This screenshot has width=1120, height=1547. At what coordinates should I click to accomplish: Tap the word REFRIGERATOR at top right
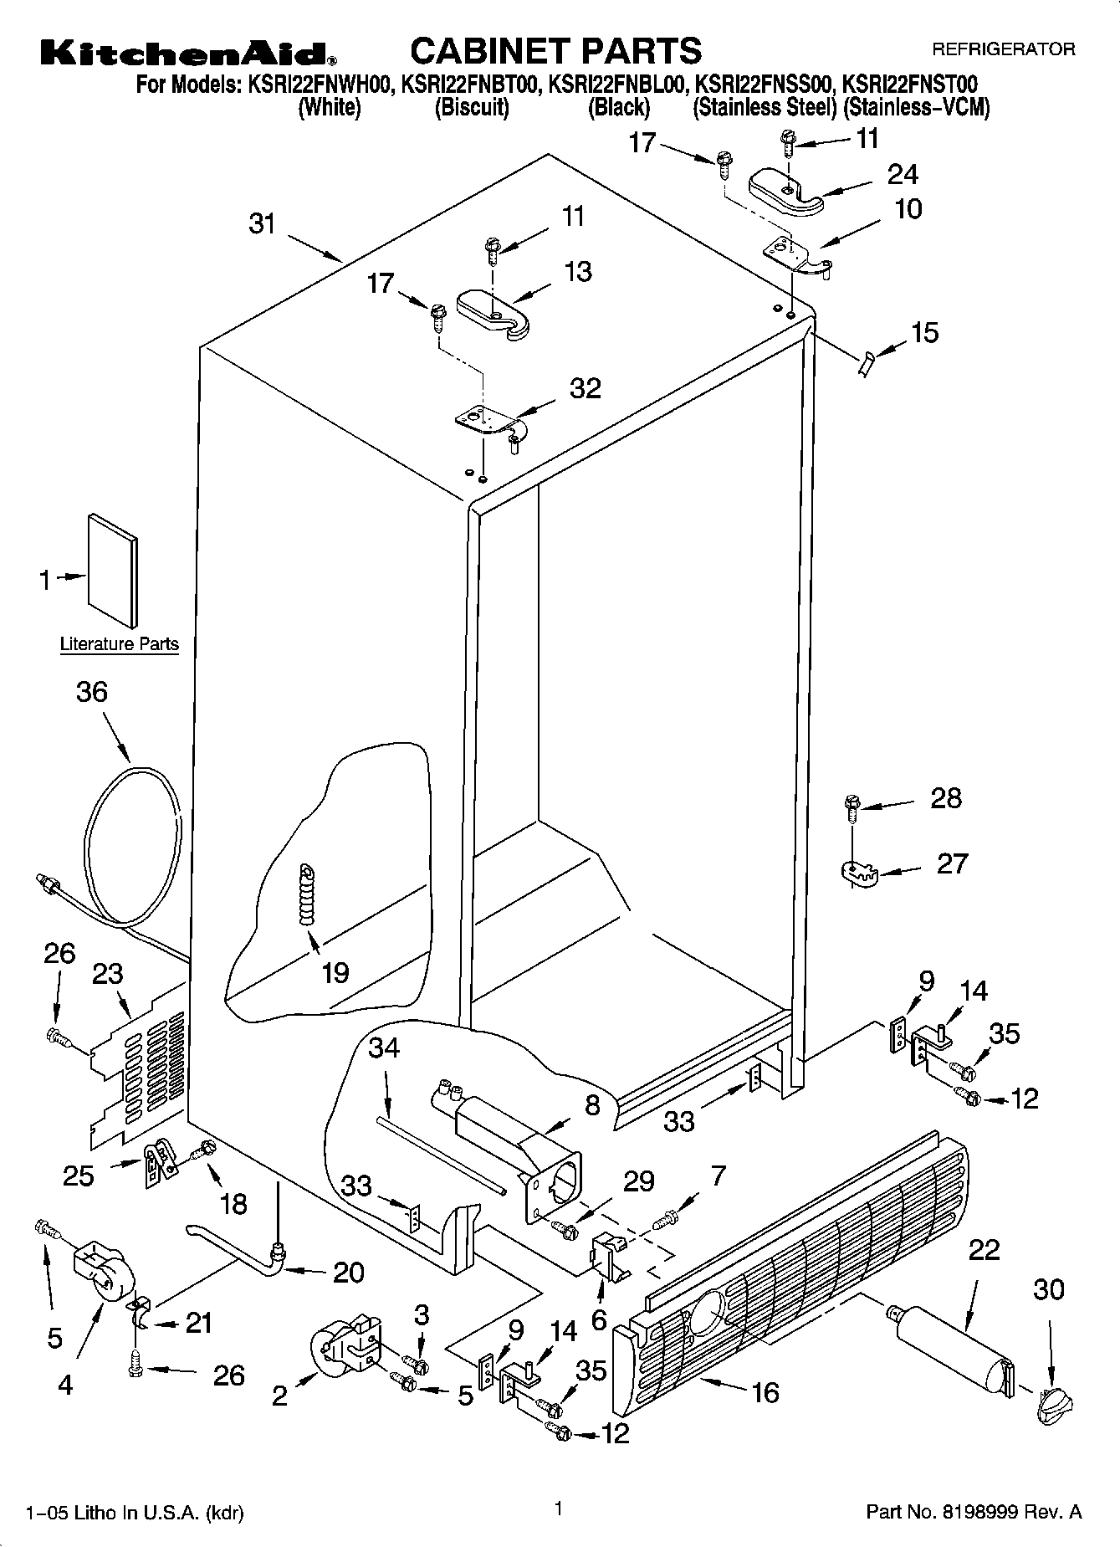tap(1003, 49)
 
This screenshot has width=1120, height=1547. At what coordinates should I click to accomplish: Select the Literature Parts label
tap(119, 644)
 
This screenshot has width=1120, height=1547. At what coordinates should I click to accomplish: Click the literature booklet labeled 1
tap(114, 569)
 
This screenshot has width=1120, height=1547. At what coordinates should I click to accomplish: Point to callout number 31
tap(263, 223)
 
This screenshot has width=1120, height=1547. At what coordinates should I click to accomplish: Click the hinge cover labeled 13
tap(492, 312)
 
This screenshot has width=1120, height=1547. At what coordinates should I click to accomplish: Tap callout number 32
tap(585, 389)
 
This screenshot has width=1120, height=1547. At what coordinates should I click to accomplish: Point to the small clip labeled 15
tap(866, 364)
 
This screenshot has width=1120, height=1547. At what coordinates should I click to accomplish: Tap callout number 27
tap(951, 863)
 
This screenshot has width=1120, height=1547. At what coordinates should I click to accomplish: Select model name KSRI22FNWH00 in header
tap(318, 85)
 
